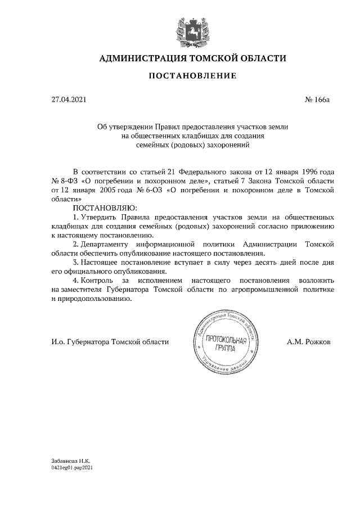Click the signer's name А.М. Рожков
309,341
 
